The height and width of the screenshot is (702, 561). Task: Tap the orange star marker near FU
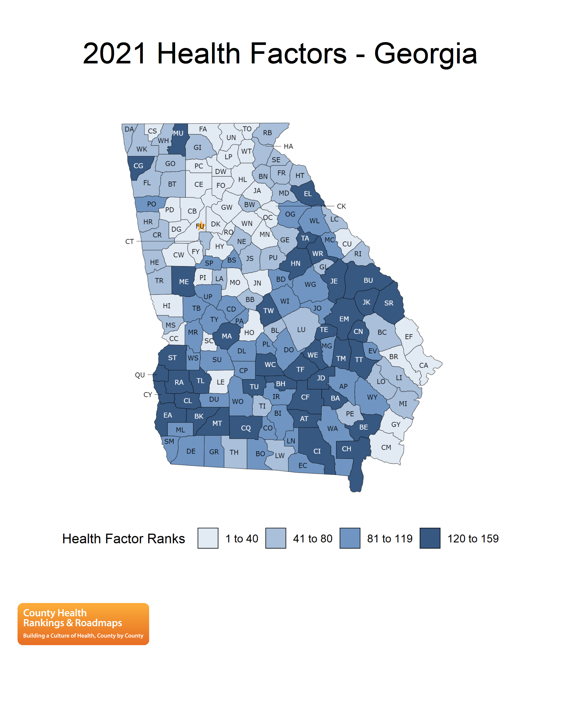(201, 226)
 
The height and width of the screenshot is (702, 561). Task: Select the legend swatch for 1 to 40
(208, 538)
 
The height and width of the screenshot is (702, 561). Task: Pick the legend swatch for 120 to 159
(430, 538)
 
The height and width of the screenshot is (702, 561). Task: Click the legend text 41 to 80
(312, 538)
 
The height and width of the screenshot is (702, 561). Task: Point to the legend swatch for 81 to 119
(350, 538)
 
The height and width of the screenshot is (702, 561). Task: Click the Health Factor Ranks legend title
(124, 538)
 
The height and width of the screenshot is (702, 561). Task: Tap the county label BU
(368, 280)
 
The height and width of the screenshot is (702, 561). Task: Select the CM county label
(386, 447)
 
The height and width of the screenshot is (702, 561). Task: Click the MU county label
(178, 133)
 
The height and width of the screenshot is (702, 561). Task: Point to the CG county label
(138, 166)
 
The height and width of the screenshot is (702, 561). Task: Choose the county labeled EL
(308, 194)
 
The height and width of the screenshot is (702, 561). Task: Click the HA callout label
(288, 146)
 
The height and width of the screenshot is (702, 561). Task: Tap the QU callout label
(140, 375)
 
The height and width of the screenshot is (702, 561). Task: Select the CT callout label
(129, 241)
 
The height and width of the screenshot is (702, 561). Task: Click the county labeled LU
(301, 329)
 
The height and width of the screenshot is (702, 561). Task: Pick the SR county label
(389, 303)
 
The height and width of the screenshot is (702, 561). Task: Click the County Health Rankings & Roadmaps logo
(83, 624)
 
